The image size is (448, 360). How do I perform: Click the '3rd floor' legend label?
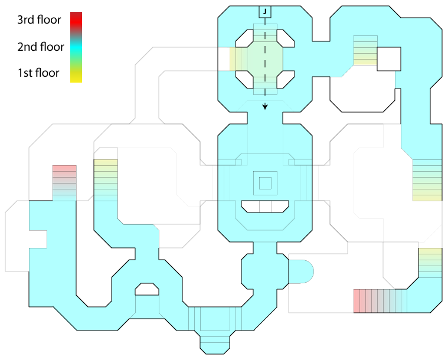39,20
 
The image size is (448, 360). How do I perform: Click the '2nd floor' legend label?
39,47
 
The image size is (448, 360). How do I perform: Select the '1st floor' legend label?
38,73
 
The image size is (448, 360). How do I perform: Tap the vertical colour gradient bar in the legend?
76,47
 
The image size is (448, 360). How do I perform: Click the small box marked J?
265,11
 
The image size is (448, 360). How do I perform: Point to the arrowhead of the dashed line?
265,107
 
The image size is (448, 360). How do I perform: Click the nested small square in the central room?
265,183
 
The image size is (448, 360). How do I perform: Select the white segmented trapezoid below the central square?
265,206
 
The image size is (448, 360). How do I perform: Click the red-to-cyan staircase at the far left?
64,182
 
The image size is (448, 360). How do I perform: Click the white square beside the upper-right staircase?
388,58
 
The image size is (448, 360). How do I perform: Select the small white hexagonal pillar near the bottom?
147,289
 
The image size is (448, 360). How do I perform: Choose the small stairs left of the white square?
365,50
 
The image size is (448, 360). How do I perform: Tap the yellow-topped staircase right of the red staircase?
106,179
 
